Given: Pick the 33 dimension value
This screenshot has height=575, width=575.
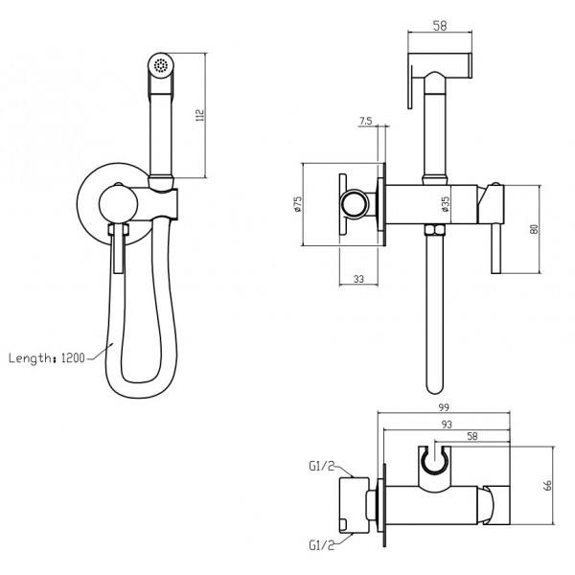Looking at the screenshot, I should (x=359, y=279).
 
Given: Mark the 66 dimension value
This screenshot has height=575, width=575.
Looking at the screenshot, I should (x=548, y=486).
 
